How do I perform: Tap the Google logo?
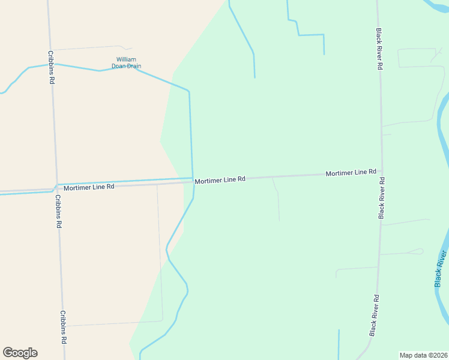click(x=20, y=353)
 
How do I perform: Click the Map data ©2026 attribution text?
click(x=423, y=355)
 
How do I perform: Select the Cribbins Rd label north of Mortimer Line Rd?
click(x=52, y=66)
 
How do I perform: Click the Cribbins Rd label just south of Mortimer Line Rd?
click(x=58, y=211)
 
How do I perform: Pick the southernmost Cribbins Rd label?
click(x=63, y=327)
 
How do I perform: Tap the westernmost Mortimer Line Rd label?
click(x=89, y=187)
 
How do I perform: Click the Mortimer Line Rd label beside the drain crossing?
click(x=220, y=179)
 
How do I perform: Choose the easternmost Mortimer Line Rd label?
click(x=351, y=173)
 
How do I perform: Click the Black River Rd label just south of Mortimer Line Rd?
click(x=381, y=197)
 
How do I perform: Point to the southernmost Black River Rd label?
click(x=375, y=315)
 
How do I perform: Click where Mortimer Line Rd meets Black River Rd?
click(x=381, y=172)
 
